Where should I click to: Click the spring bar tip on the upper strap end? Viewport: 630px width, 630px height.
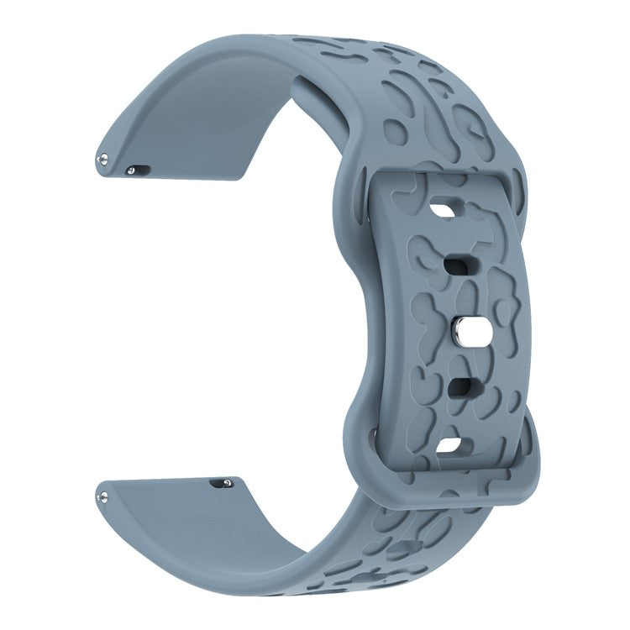(102, 156)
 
